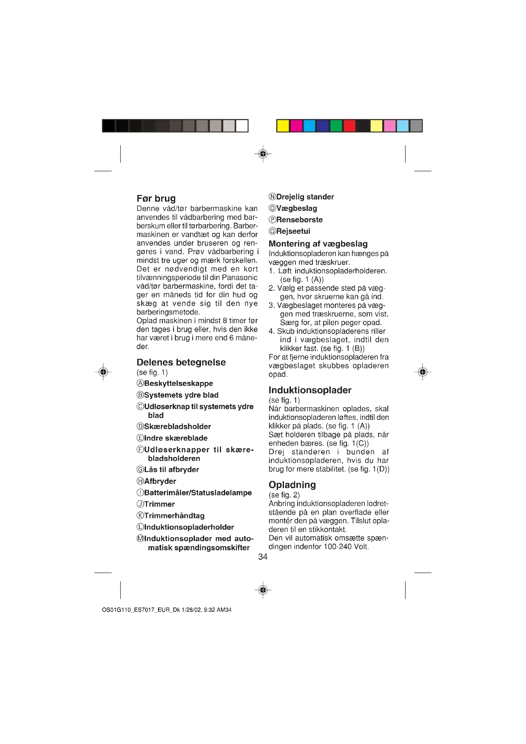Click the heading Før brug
coord(156,198)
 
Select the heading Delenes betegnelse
coord(181,362)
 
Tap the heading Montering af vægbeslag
coord(318,244)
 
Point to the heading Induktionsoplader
coord(310,390)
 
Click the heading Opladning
coord(292,485)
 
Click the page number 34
coord(263,557)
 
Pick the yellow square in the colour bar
coord(283,126)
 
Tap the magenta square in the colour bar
coord(296,126)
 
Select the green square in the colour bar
coord(336,126)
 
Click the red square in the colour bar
coord(350,126)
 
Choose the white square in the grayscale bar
coord(242,126)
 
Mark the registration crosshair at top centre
coord(263,154)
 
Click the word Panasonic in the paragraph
coord(240,278)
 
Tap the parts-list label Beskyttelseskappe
coord(178,384)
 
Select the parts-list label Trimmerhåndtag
coord(174,516)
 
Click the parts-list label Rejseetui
coord(293,231)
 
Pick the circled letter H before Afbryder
coord(140,481)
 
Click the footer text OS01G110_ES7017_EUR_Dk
coord(141,610)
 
